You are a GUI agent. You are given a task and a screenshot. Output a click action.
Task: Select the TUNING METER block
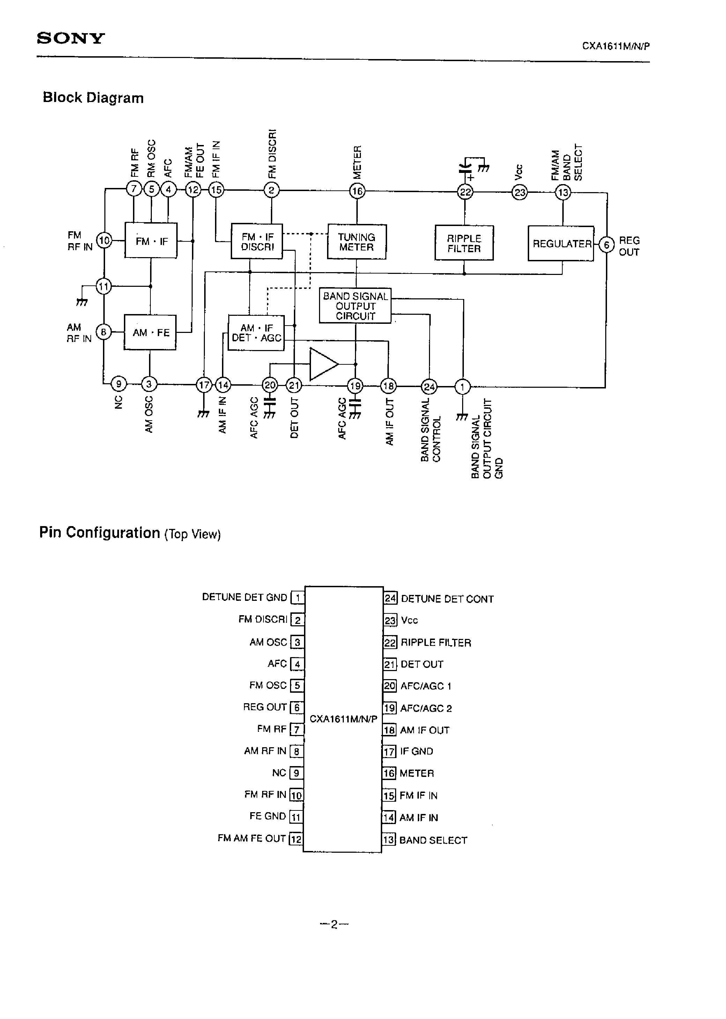[x=357, y=242]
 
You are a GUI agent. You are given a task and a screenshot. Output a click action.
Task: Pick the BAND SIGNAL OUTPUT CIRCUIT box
[x=355, y=306]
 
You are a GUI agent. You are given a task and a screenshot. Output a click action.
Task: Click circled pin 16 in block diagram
[x=357, y=191]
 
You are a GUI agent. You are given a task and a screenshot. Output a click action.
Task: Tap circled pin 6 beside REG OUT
[x=606, y=245]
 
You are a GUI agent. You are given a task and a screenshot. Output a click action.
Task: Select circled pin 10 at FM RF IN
[x=104, y=241]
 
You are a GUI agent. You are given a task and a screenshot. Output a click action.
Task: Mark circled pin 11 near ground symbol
[x=104, y=286]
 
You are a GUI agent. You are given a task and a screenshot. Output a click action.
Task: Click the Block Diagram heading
[x=93, y=98]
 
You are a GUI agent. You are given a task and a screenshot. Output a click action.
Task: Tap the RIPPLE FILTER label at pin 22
[x=436, y=643]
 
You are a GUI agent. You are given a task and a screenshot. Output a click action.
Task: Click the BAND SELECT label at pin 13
[x=433, y=840]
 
